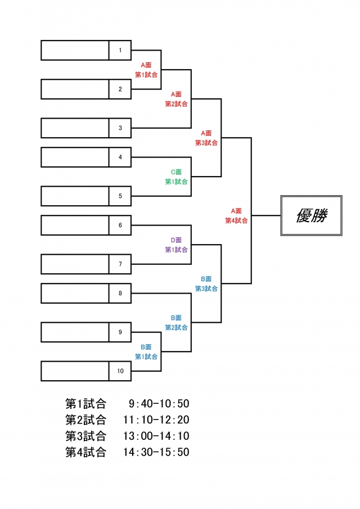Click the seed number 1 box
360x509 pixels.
pos(120,50)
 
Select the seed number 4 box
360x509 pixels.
pos(120,157)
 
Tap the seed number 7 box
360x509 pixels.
pos(120,264)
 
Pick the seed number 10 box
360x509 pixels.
pos(120,371)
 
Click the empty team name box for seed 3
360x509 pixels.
pos(75,128)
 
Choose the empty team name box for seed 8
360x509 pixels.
pos(75,293)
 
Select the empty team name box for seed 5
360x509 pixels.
pos(75,196)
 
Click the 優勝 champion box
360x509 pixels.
pos(311,215)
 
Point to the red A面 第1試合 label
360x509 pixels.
pos(146,70)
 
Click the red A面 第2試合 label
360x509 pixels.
pos(176,99)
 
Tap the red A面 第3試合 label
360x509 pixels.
pos(206,138)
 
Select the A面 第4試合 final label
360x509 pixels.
pos(236,215)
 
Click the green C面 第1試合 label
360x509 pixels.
pos(176,177)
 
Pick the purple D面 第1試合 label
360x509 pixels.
pos(176,245)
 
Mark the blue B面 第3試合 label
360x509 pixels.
pos(206,283)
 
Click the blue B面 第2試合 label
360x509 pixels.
pos(176,322)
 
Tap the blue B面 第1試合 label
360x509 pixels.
pos(146,352)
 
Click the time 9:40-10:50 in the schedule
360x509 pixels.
pos(156,403)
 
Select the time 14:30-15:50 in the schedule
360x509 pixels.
pos(156,452)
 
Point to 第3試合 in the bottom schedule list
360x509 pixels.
pos(85,436)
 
